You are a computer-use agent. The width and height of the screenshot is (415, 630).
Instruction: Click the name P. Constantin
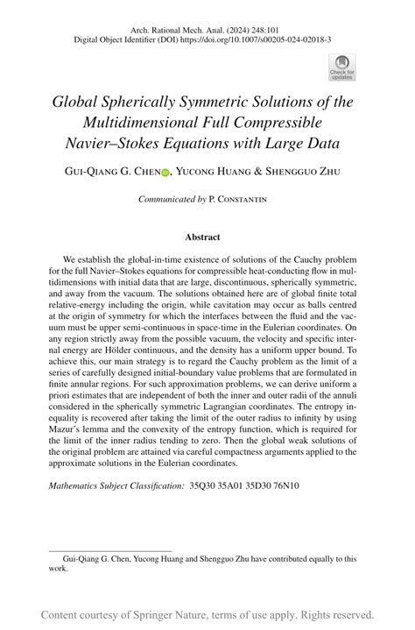(x=238, y=200)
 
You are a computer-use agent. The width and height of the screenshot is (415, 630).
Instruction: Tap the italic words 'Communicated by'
(x=173, y=200)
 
